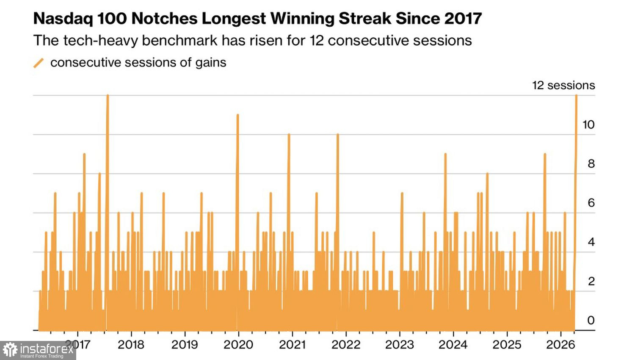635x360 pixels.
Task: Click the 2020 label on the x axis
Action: click(x=238, y=344)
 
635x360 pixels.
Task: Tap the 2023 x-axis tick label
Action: click(x=399, y=344)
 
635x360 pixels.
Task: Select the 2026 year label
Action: click(x=560, y=344)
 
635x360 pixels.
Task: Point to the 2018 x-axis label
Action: click(x=131, y=344)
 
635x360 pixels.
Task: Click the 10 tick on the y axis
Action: click(x=588, y=125)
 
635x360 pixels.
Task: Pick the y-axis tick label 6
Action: click(x=591, y=203)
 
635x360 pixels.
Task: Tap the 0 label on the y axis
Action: click(x=591, y=320)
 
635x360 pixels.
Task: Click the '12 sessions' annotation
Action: click(x=563, y=85)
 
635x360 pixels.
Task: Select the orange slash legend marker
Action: click(x=39, y=63)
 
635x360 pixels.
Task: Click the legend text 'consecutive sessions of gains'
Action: click(x=138, y=63)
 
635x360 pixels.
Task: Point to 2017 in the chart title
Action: click(x=463, y=19)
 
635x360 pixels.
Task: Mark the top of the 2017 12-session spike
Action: click(x=108, y=96)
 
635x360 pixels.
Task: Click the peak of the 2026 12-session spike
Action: click(x=576, y=96)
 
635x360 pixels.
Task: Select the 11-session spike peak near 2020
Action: click(x=237, y=115)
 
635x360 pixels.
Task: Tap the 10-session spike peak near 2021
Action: click(x=289, y=135)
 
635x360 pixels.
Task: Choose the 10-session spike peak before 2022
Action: click(x=337, y=135)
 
